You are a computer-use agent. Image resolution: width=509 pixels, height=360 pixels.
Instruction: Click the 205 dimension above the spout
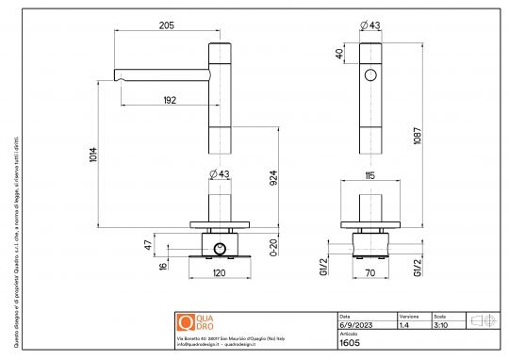click(167, 26)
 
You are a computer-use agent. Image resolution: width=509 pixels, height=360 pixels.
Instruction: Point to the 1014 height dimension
click(91, 154)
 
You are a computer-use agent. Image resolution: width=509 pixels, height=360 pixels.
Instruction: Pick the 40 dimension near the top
click(339, 55)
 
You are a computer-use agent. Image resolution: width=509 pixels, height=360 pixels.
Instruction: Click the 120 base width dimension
click(219, 272)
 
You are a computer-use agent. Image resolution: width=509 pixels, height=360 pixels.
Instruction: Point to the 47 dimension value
click(146, 244)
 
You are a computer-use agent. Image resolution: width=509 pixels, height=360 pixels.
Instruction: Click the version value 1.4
click(403, 324)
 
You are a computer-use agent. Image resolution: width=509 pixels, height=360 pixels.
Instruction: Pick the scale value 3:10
click(439, 324)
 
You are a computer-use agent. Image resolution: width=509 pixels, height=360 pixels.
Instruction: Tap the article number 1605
click(348, 344)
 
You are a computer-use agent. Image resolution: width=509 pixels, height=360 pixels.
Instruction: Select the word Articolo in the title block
click(349, 334)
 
